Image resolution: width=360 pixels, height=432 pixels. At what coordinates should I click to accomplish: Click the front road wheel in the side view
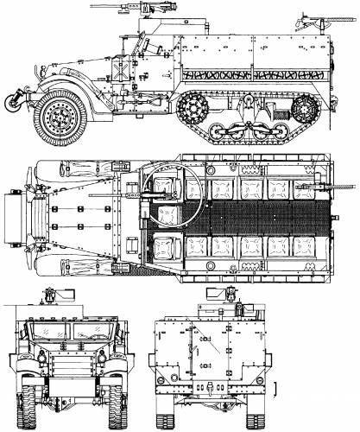coord(60,116)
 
